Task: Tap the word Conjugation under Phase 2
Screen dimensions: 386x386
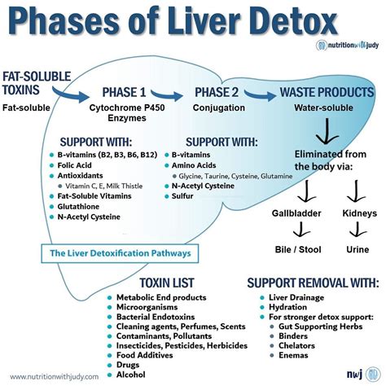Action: click(x=220, y=107)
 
